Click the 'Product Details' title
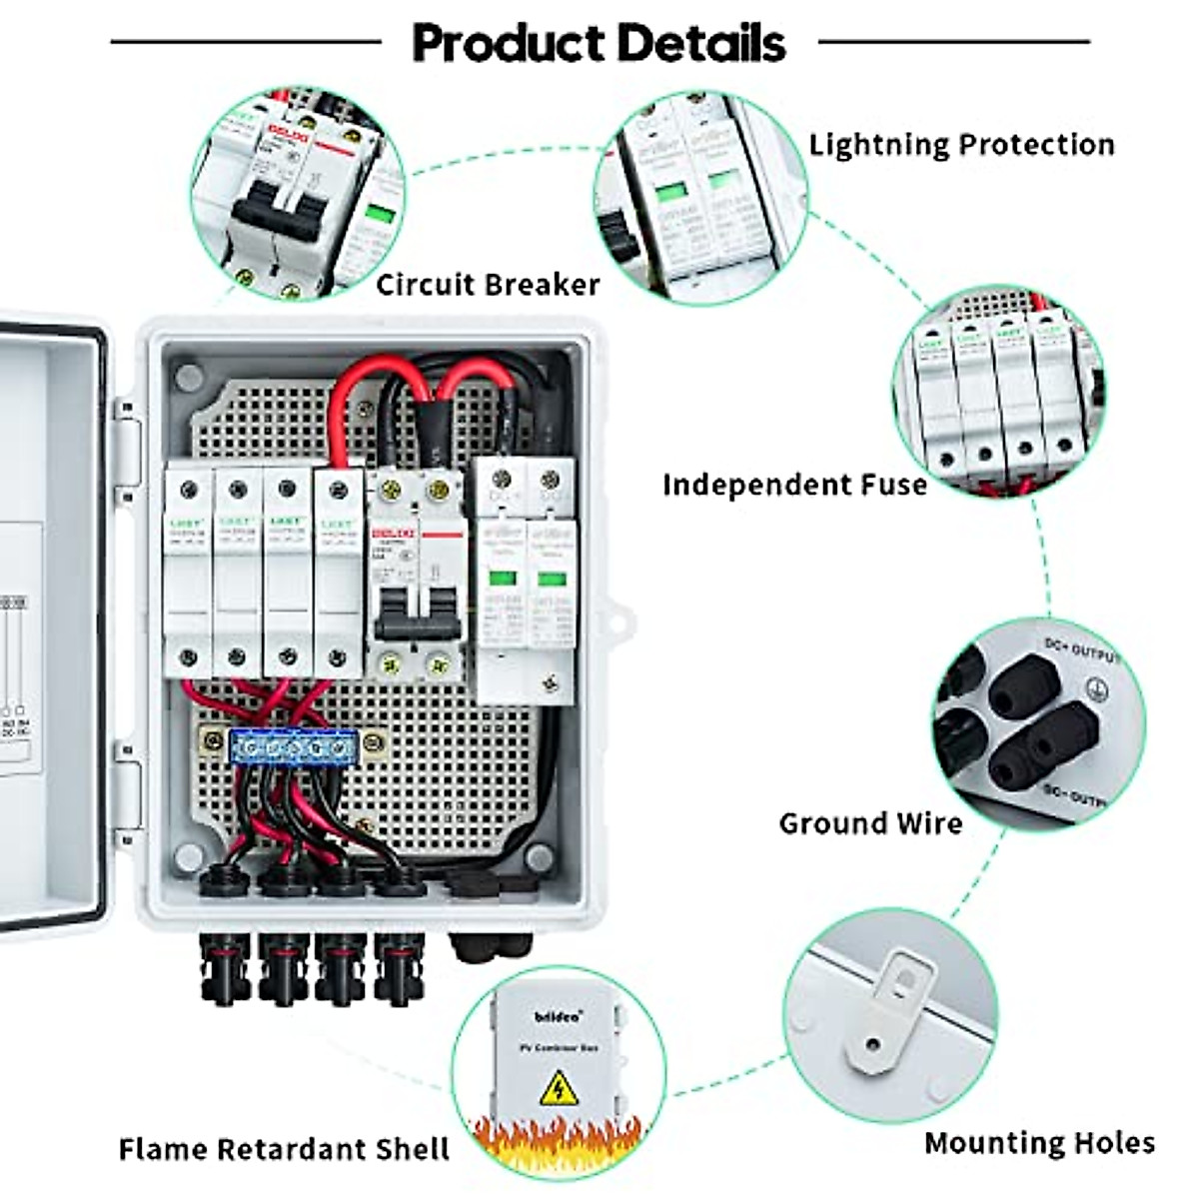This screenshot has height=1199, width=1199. (x=599, y=43)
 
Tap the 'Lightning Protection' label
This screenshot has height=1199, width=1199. (x=961, y=145)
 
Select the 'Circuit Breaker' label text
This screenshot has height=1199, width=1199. (x=488, y=285)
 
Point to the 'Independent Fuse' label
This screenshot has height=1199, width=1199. (x=794, y=486)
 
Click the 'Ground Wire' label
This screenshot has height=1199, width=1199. (x=870, y=824)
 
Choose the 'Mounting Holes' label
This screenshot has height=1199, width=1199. (x=1039, y=1143)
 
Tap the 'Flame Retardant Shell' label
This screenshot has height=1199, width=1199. (x=284, y=1149)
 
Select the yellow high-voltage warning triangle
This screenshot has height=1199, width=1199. (x=559, y=1088)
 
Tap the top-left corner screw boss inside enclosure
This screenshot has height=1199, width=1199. (x=187, y=377)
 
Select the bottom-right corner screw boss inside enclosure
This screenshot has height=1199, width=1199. (x=539, y=857)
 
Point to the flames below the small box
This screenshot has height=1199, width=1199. (x=558, y=1139)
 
